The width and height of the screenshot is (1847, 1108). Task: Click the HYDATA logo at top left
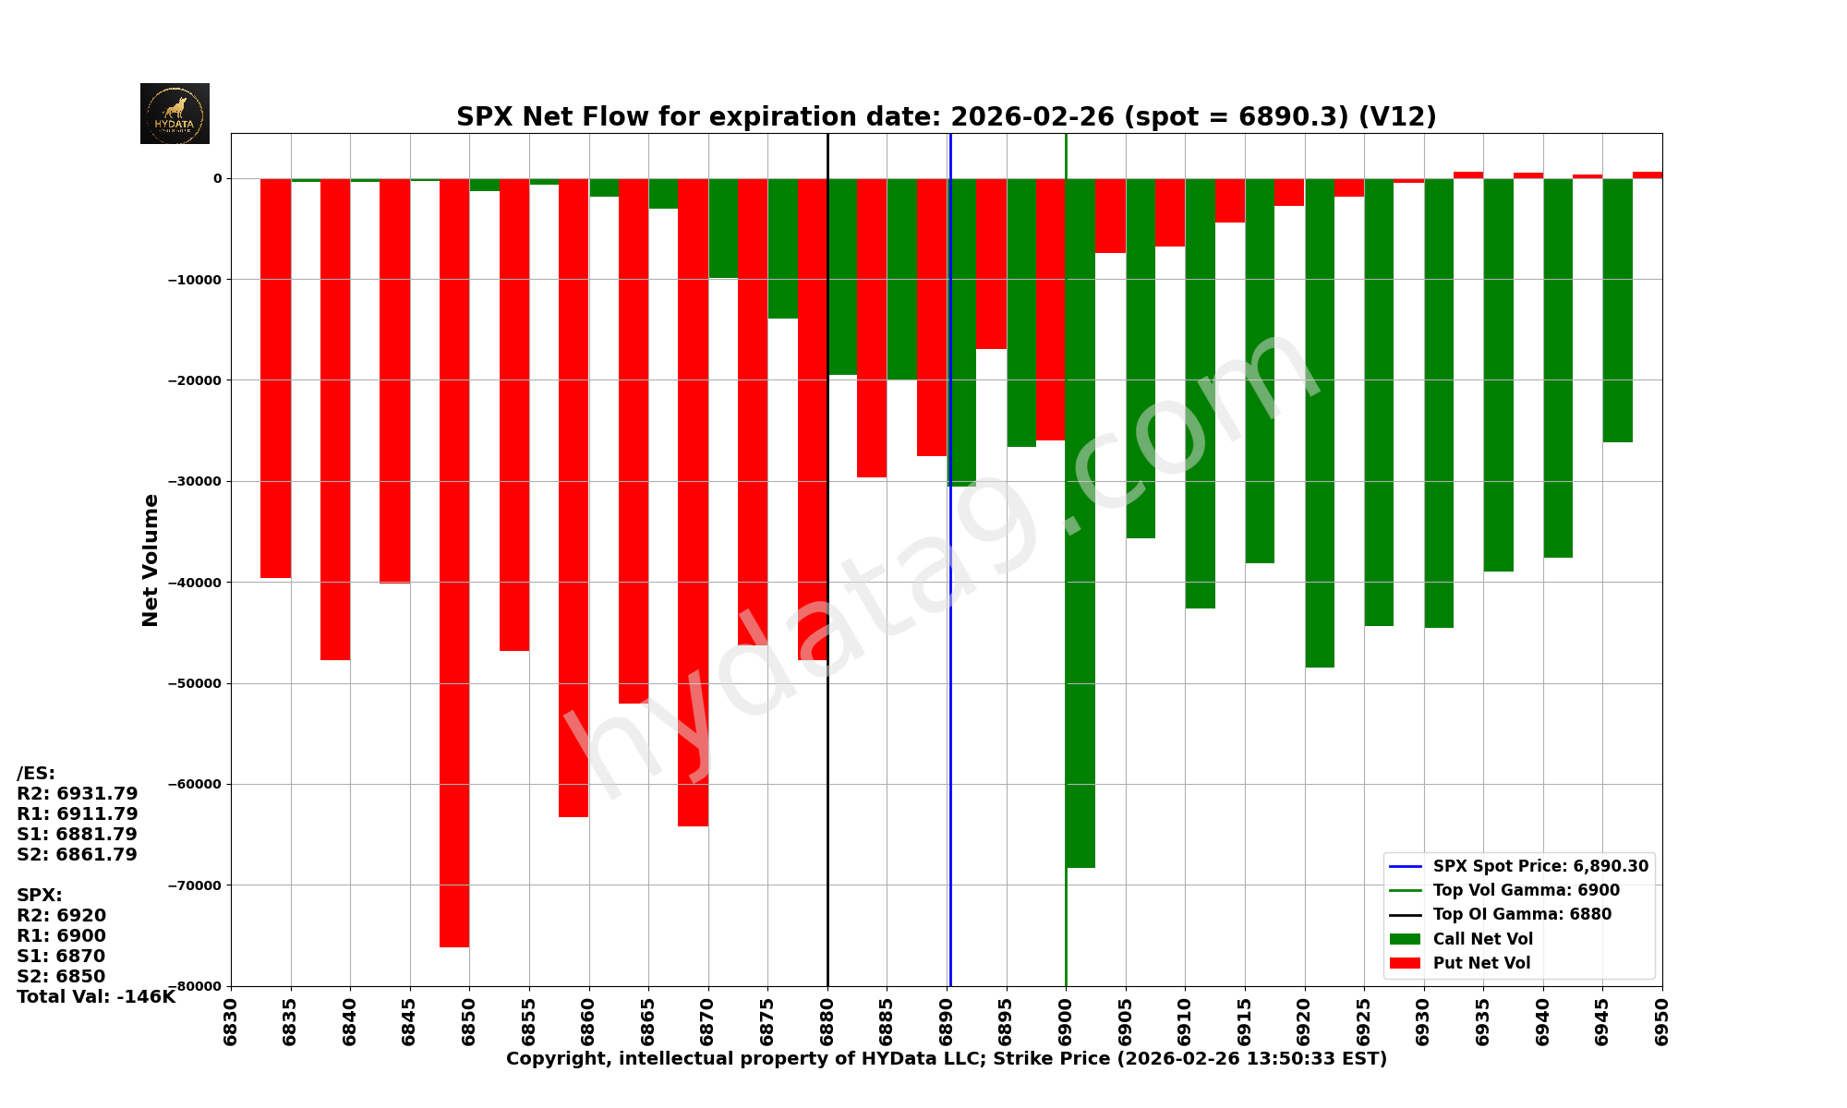tap(175, 114)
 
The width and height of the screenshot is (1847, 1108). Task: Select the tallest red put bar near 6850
tap(454, 563)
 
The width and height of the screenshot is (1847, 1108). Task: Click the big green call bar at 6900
tap(1080, 523)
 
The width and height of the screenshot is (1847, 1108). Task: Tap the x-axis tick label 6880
tap(827, 1017)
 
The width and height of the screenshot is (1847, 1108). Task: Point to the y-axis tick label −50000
tap(195, 683)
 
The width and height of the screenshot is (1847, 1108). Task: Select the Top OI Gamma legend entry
tap(1521, 914)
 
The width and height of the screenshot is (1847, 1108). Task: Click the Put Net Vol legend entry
tap(1481, 963)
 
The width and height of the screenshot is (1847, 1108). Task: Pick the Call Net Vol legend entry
tap(1482, 939)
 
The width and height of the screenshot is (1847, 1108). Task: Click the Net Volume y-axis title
tap(151, 560)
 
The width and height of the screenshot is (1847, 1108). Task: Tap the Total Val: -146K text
tap(96, 996)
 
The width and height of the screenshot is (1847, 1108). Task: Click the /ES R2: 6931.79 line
tap(78, 793)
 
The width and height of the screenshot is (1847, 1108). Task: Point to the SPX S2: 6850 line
tap(61, 976)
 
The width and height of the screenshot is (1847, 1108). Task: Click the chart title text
tap(946, 116)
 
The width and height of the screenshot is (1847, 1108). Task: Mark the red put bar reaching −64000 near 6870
tap(693, 502)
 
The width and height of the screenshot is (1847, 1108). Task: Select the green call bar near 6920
tap(1320, 423)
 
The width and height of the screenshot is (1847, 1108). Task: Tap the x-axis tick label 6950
tap(1662, 1017)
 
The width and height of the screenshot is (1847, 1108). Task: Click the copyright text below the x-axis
tap(946, 1058)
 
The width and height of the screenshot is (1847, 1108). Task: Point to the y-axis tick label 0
tap(218, 178)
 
